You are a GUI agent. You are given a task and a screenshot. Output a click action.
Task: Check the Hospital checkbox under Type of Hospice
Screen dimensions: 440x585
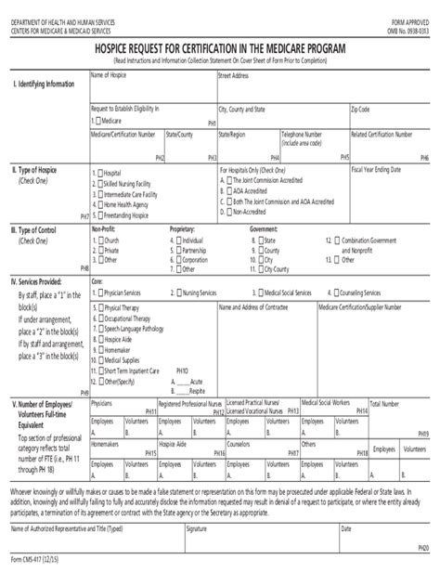(x=97, y=173)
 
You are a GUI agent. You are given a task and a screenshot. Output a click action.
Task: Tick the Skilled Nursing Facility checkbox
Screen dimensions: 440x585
(x=97, y=183)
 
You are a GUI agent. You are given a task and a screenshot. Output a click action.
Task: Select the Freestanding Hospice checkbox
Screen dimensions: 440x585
(x=97, y=214)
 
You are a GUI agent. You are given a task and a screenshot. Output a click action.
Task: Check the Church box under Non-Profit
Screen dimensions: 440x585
(x=97, y=240)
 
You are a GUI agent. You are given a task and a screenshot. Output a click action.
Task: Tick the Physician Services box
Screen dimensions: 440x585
(x=97, y=292)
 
